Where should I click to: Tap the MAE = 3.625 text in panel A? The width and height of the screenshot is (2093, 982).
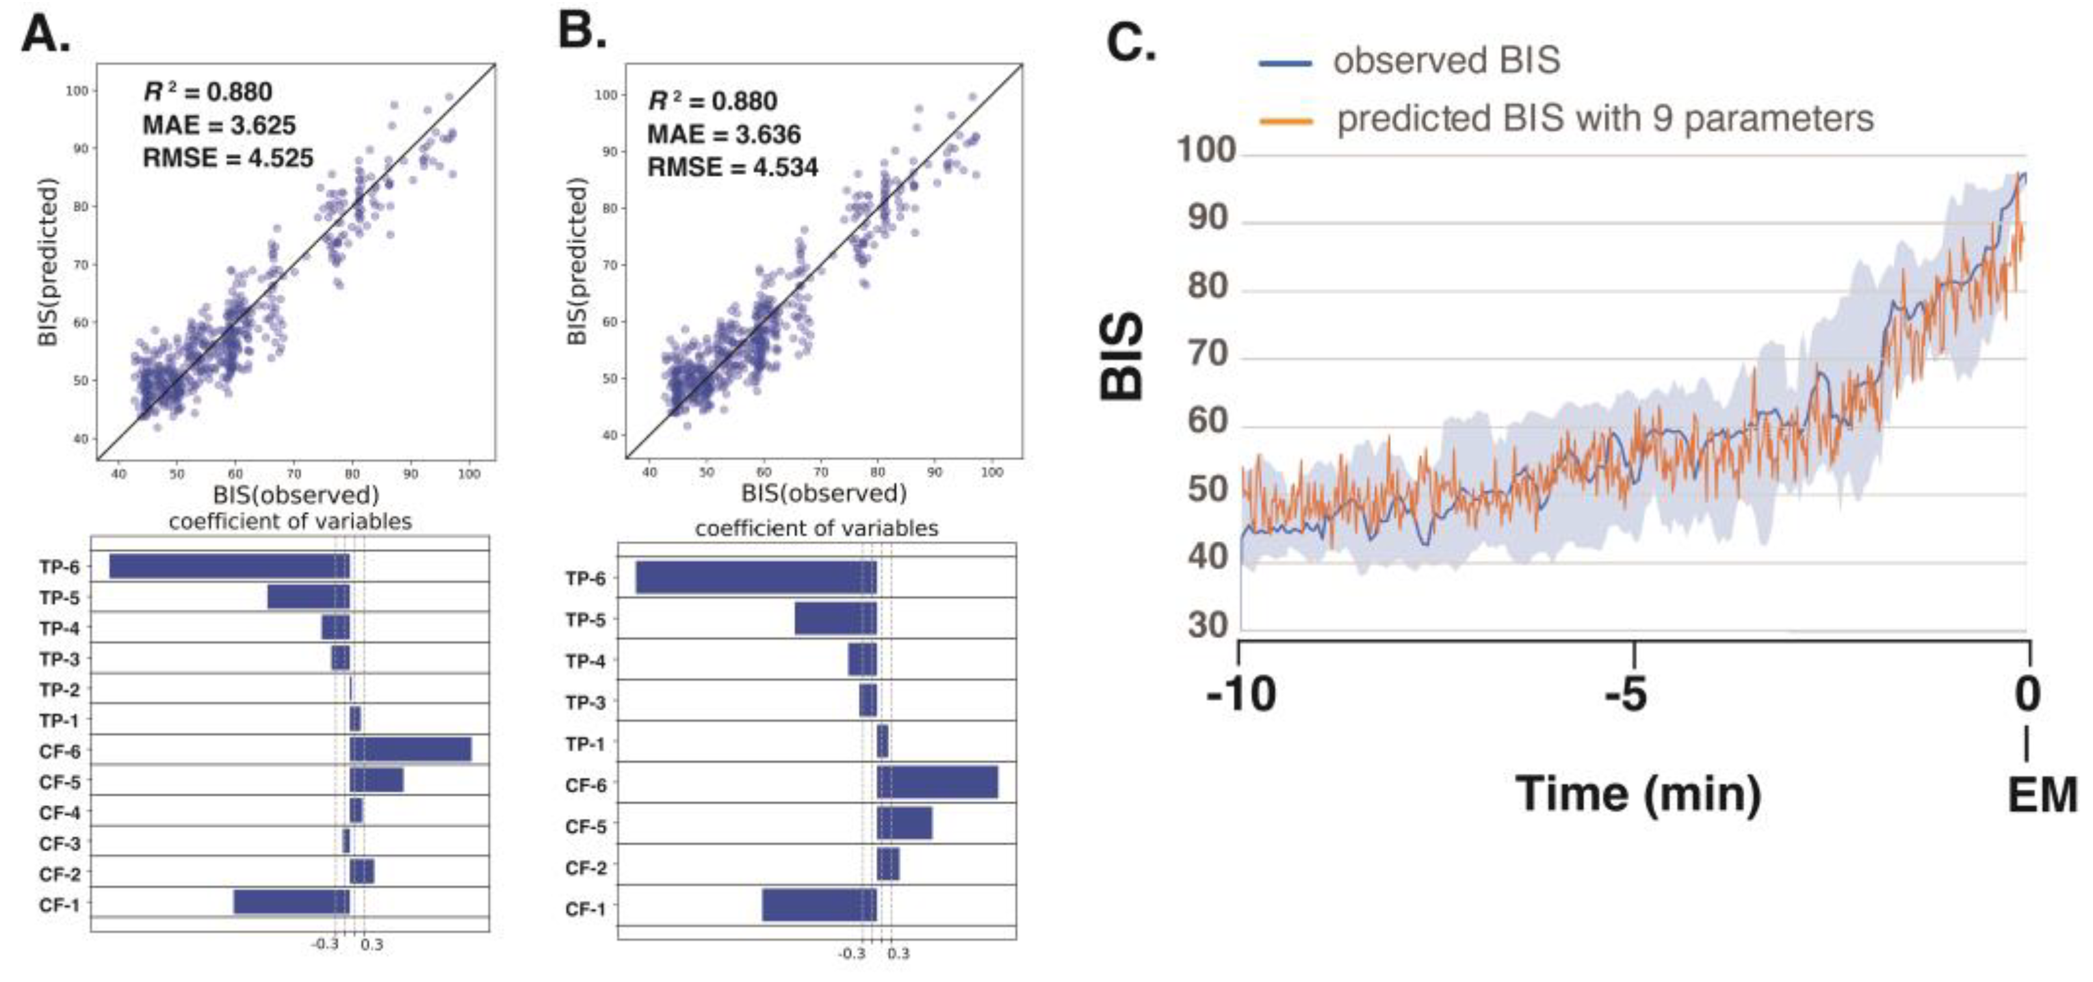click(x=220, y=125)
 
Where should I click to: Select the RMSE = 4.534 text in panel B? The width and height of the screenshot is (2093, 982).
click(x=732, y=168)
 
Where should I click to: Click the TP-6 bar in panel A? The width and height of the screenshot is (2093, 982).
click(x=229, y=566)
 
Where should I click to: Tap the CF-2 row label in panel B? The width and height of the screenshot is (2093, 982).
click(x=586, y=868)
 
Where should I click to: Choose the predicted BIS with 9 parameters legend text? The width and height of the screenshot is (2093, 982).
click(x=1605, y=118)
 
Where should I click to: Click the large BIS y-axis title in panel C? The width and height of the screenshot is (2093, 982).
click(x=1122, y=357)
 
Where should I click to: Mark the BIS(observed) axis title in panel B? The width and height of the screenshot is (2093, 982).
click(x=823, y=494)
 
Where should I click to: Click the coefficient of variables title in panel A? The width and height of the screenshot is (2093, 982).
click(x=290, y=521)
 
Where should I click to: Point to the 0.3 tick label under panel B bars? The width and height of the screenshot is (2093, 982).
click(x=898, y=953)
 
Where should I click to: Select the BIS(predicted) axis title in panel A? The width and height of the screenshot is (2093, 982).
click(x=49, y=261)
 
